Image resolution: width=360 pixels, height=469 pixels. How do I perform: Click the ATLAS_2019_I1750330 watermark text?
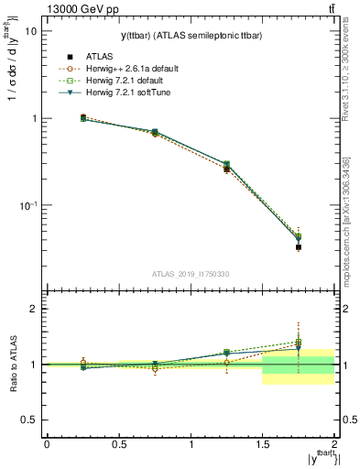[x=191, y=275]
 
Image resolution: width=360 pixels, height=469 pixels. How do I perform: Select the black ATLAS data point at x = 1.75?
[x=299, y=247]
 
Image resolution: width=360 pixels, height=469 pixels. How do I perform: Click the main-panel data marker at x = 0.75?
[x=155, y=133]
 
